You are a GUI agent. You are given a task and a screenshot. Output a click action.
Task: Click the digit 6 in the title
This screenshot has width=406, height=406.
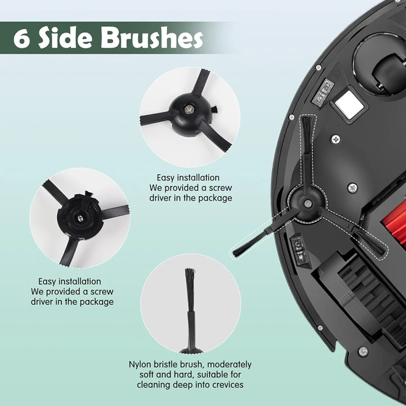point(22,39)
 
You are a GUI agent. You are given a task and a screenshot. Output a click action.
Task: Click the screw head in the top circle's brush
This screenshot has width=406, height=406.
point(190,108)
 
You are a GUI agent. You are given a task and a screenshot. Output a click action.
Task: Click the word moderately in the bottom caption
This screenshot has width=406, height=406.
point(228,364)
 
